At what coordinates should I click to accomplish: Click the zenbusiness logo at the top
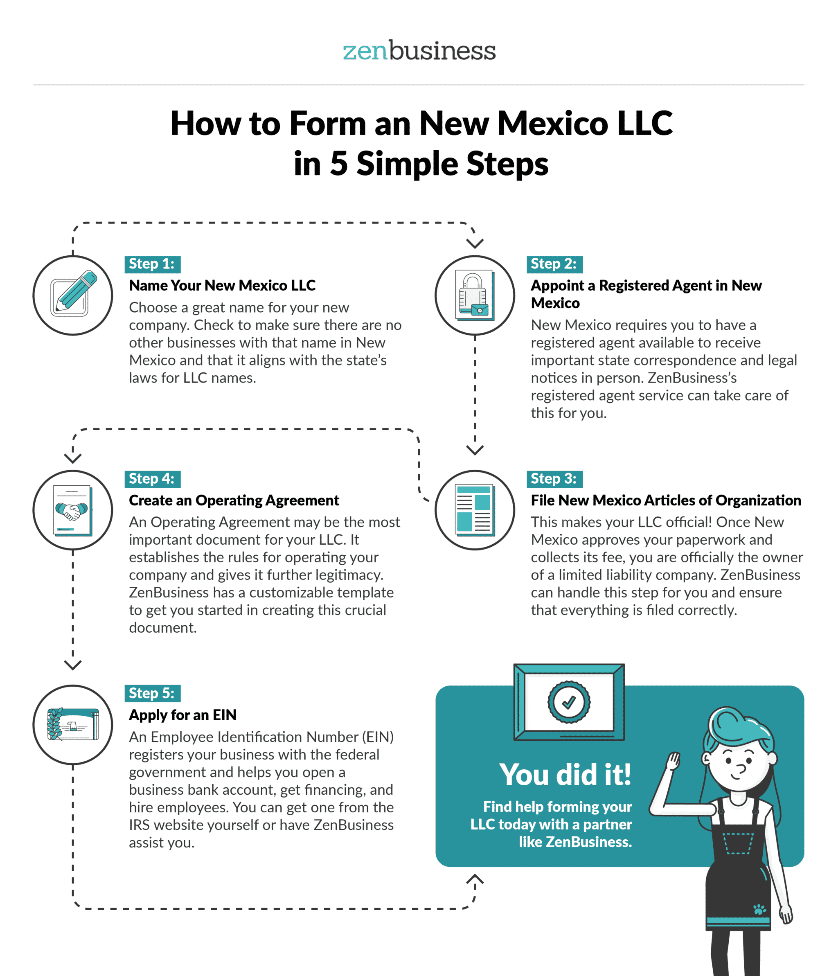[x=419, y=51]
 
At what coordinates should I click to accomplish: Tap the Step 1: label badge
[x=153, y=264]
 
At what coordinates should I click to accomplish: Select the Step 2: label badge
[x=554, y=264]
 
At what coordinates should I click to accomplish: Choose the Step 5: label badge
[x=153, y=693]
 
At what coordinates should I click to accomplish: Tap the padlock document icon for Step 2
[x=475, y=295]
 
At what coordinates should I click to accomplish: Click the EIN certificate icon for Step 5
[x=73, y=724]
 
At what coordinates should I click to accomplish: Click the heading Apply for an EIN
[x=183, y=715]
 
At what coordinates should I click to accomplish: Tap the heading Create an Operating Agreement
[x=234, y=500]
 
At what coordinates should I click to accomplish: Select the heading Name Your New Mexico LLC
[x=222, y=286]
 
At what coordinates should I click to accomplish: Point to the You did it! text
[x=565, y=775]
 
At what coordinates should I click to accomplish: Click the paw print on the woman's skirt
[x=759, y=908]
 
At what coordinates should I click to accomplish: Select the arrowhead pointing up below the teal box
[x=475, y=879]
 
